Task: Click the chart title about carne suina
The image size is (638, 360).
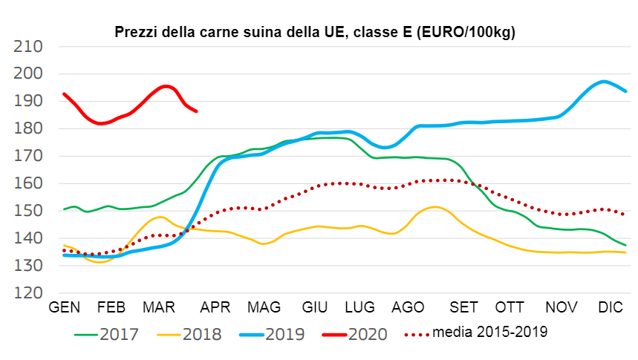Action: pos(315,32)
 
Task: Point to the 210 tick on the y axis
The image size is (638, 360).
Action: pos(29,47)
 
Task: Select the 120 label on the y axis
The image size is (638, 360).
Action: pos(29,293)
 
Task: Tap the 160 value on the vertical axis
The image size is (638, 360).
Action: pos(29,183)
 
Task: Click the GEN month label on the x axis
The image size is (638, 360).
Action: pos(65,307)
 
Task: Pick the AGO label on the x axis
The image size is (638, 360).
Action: pos(407,307)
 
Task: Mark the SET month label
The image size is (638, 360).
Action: pos(464,307)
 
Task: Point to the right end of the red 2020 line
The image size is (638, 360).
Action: pos(196,111)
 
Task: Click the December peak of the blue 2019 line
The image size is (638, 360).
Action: pos(604,82)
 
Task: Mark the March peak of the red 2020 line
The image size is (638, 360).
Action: pos(166,86)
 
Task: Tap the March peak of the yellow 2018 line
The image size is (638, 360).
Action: pos(161,217)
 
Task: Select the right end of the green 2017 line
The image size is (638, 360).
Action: pos(625,245)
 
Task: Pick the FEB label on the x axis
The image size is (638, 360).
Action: pos(111,307)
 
